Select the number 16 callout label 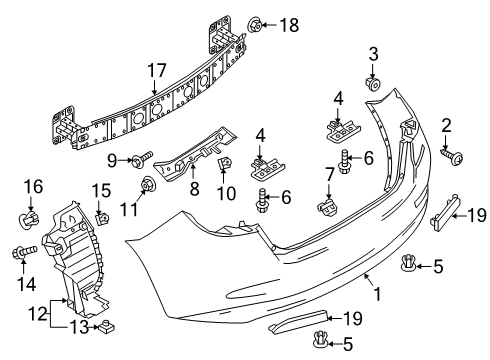pyautogui.click(x=32, y=187)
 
